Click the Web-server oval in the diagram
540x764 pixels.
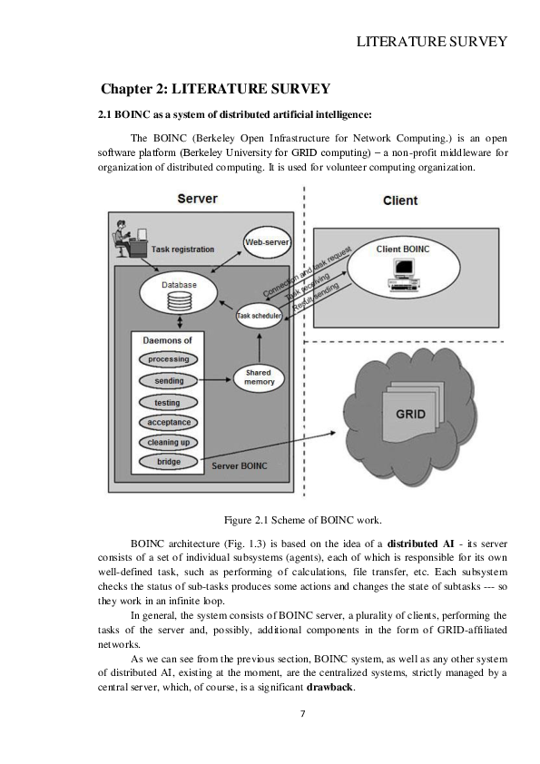pyautogui.click(x=267, y=240)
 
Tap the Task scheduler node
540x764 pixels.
pyautogui.click(x=259, y=316)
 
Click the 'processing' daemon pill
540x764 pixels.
pyautogui.click(x=168, y=359)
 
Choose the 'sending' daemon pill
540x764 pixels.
pyautogui.click(x=168, y=381)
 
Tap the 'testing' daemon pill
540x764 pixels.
pyautogui.click(x=168, y=402)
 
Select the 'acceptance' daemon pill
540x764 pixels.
pyautogui.click(x=168, y=422)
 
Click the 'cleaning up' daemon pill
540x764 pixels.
pyautogui.click(x=168, y=442)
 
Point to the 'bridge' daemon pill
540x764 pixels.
pyautogui.click(x=168, y=462)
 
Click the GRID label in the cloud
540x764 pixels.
pyautogui.click(x=409, y=415)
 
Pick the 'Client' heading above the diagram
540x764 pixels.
pyautogui.click(x=399, y=201)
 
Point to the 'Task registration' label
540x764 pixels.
pyautogui.click(x=182, y=249)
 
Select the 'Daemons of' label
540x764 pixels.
pyautogui.click(x=167, y=340)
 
